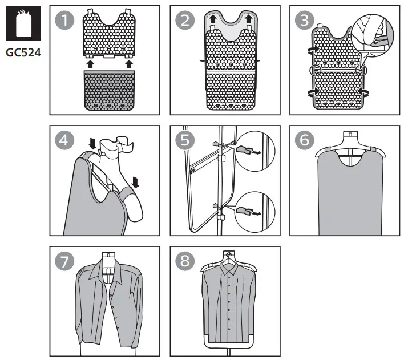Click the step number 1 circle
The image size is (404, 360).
pos(64,21)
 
